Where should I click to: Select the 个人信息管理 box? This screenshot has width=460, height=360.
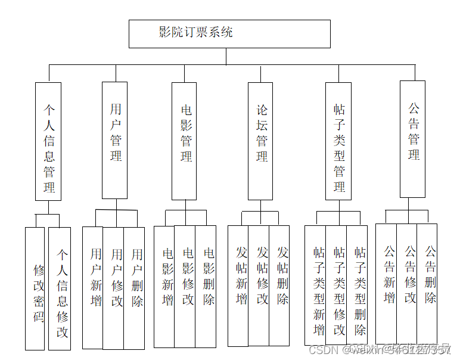(x=48, y=141)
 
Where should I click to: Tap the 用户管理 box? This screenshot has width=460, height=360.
(x=115, y=140)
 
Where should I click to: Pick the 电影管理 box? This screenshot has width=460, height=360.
(x=185, y=141)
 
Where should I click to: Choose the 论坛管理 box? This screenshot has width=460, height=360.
(x=261, y=141)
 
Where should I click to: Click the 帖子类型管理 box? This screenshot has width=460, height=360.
(x=338, y=141)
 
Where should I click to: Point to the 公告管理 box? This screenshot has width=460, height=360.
(x=412, y=139)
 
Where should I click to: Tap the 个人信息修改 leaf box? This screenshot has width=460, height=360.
(x=60, y=288)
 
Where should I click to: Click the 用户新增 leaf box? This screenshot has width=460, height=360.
(x=93, y=287)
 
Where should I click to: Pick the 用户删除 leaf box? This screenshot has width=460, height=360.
(x=135, y=287)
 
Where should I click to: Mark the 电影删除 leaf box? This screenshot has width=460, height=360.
(x=206, y=286)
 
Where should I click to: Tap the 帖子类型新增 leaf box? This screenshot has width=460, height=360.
(x=315, y=285)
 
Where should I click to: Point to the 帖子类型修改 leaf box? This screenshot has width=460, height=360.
(x=337, y=285)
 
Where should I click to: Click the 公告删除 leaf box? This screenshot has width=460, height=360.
(x=427, y=284)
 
